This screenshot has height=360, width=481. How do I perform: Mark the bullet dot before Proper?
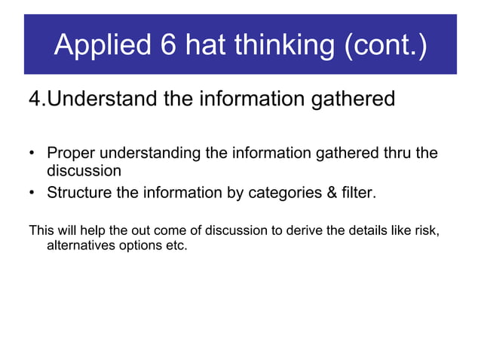pyautogui.click(x=32, y=154)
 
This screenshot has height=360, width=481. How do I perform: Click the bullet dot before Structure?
pyautogui.click(x=32, y=194)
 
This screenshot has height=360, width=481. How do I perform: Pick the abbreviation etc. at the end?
pyautogui.click(x=175, y=246)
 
